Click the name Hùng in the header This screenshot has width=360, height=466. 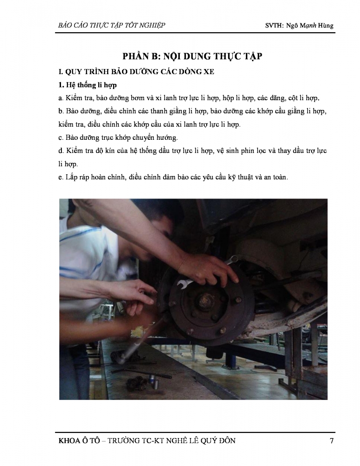pos(326,25)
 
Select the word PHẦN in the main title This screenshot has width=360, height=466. pos(136,56)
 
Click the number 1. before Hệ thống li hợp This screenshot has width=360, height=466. pos(61,85)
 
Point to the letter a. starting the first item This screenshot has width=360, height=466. pos(61,98)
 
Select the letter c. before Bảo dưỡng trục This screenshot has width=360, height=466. pos(61,137)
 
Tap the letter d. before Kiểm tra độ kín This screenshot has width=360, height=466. pos(61,151)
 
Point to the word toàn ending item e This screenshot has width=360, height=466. pos(280,177)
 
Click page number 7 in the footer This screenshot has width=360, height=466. pos(332,440)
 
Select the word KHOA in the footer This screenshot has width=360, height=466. pos(68,440)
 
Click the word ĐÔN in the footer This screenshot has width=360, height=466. pos(227,440)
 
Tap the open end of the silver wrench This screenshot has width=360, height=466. pos(181,284)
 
